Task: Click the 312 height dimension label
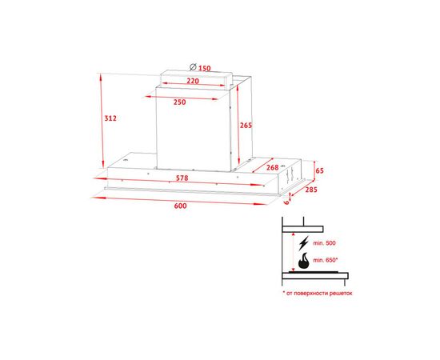(x=110, y=118)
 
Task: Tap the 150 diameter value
(x=205, y=68)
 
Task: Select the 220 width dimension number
(x=193, y=81)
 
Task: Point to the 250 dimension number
(x=179, y=102)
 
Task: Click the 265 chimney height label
(x=246, y=126)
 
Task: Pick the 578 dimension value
(x=182, y=178)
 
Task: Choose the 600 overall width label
(x=181, y=206)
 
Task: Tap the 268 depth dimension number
(x=273, y=167)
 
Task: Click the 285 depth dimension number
(x=311, y=190)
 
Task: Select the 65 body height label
(x=320, y=170)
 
